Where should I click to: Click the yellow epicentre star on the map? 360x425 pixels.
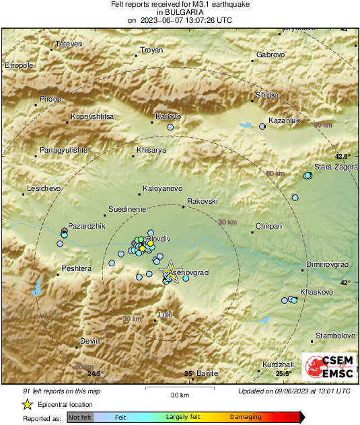point(170,272)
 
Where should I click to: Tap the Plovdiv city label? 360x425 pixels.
point(159,239)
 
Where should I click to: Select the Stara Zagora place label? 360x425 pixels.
point(335,166)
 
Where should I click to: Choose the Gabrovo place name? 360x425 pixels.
point(271,54)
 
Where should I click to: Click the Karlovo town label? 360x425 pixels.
point(169,116)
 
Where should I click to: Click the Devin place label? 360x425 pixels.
point(89,342)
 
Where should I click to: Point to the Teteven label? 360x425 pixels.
point(69,44)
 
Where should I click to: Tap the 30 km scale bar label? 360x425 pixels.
point(180,394)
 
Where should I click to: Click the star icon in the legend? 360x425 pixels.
point(27,404)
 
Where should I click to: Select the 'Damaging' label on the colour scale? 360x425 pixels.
point(246,418)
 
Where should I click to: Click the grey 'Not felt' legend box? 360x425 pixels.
point(80,418)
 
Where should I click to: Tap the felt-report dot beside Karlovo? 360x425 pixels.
point(170,127)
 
